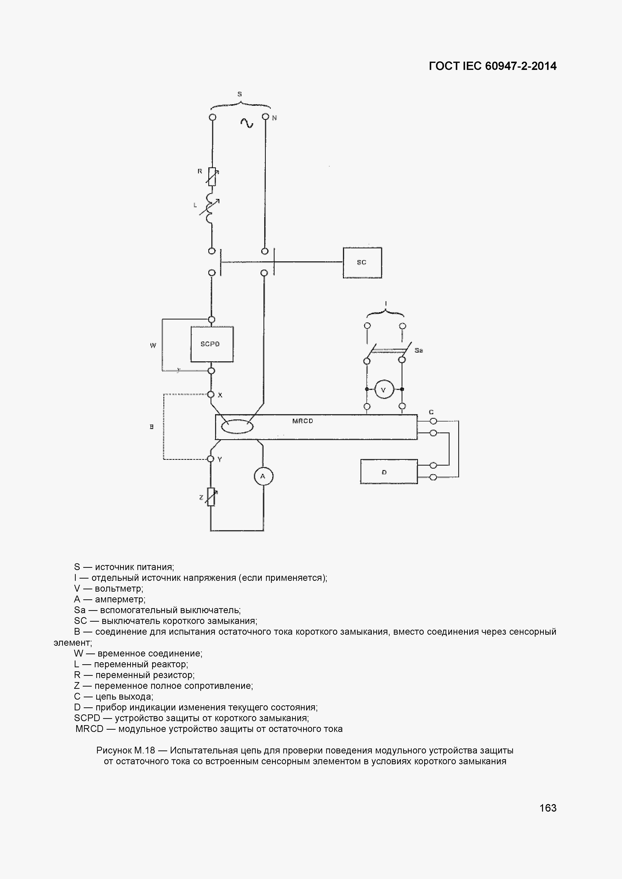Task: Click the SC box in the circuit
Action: [362, 263]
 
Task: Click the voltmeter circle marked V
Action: [384, 390]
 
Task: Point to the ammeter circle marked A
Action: [263, 476]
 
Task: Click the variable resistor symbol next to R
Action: [212, 176]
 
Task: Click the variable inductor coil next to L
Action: [210, 208]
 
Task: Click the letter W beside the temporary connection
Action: [153, 346]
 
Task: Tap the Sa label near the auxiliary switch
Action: [419, 350]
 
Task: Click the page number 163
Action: [548, 808]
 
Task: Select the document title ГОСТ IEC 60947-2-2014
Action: [493, 66]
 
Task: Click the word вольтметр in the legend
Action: [119, 588]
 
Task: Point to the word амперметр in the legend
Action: [120, 599]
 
